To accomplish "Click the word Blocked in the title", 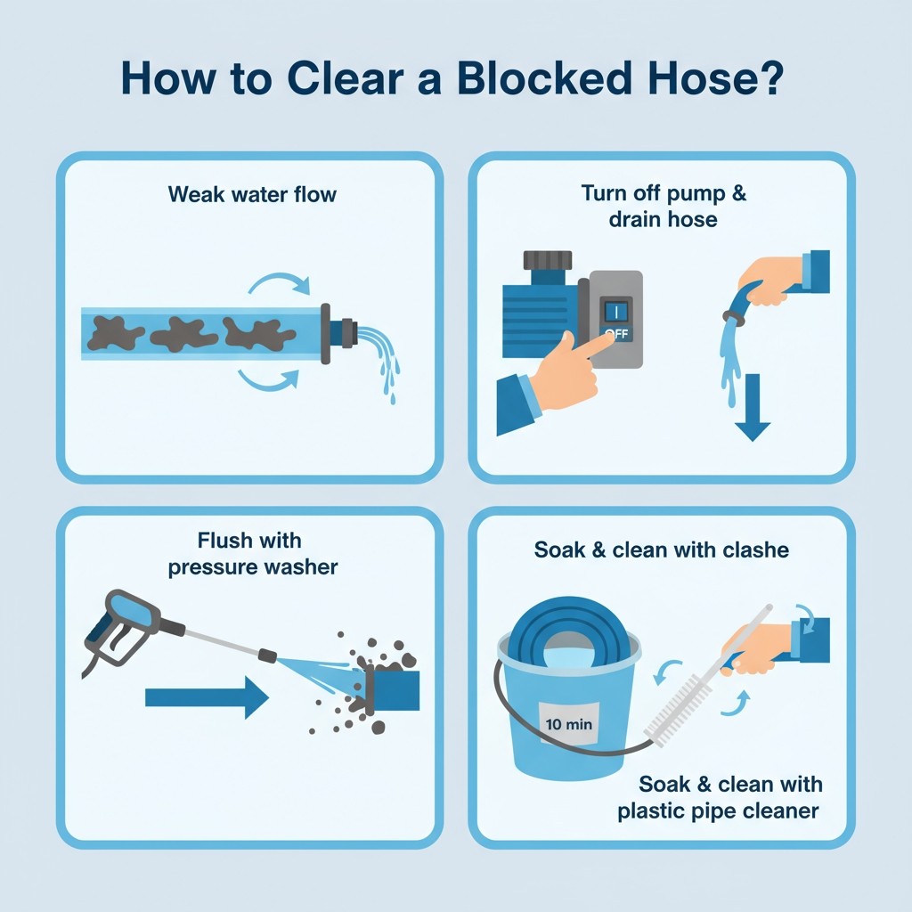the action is point(544,78).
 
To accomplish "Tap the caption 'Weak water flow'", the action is point(252,194).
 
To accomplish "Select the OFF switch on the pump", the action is point(616,321).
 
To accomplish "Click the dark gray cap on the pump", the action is point(548,261).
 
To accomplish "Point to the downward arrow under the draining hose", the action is point(753,407).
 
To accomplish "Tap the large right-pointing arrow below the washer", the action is point(207,697).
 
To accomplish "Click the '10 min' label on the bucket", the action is point(569,724).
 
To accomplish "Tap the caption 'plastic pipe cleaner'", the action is point(718,811).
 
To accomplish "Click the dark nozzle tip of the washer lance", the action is point(267,655).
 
